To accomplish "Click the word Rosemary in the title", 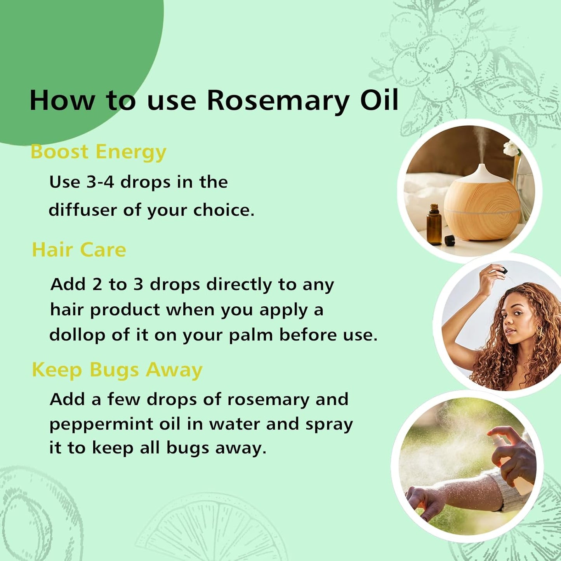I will pos(278,101).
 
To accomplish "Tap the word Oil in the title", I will pos(379,100).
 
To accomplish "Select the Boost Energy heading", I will pos(98,152).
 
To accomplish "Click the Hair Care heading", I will pos(79,250).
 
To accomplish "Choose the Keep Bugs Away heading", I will pos(117,370).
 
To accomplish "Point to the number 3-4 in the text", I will pos(100,182).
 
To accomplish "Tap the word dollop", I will pos(77,335).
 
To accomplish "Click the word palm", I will pos(250,335).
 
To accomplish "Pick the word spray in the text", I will pos(329,424).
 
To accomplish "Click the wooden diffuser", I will pos(482,210).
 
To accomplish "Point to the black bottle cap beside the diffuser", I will pos(450,240).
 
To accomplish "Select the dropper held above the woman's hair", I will pos(503,270).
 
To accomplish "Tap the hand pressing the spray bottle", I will pos(514,450).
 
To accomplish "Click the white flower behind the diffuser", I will pos(511,148).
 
